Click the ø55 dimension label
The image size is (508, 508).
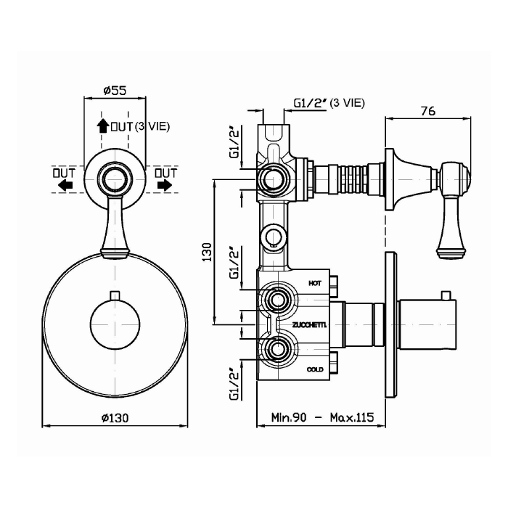click(115, 91)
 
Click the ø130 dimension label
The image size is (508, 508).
click(115, 418)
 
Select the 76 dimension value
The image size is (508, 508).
click(428, 111)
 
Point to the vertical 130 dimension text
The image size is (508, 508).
click(207, 252)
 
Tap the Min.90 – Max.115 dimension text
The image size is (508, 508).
click(322, 417)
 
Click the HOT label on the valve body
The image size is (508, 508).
click(314, 284)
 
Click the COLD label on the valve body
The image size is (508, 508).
click(315, 369)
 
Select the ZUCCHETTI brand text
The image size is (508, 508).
click(309, 325)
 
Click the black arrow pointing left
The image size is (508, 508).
click(65, 185)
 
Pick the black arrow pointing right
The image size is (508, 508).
click(165, 185)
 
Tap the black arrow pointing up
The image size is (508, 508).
click(103, 126)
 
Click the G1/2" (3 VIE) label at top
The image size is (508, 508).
click(329, 103)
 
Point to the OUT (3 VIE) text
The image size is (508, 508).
click(140, 127)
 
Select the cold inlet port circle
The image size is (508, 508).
click(277, 350)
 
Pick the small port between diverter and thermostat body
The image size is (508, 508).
click(274, 237)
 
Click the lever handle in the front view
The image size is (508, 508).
click(115, 226)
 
